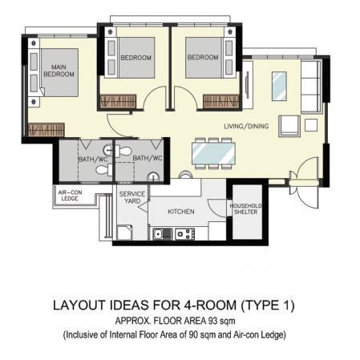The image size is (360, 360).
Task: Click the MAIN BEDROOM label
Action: [59, 71]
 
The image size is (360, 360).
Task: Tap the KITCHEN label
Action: [181, 212]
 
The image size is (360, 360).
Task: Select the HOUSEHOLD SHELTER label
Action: [245, 209]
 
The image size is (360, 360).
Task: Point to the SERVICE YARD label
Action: [132, 197]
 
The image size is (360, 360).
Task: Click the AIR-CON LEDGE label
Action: [70, 196]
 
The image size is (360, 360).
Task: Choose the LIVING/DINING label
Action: [246, 126]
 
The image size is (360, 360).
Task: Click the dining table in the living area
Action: [213, 153]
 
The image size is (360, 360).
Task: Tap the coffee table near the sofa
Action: [279, 87]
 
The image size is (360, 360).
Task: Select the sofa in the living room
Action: [311, 87]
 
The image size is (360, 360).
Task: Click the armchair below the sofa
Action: [289, 126]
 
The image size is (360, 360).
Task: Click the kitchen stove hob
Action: [185, 234]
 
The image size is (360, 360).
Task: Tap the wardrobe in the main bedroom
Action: [46, 130]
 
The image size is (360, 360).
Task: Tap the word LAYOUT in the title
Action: [80, 305]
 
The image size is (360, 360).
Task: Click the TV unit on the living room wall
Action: [247, 85]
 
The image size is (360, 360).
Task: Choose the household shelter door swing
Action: [216, 208]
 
